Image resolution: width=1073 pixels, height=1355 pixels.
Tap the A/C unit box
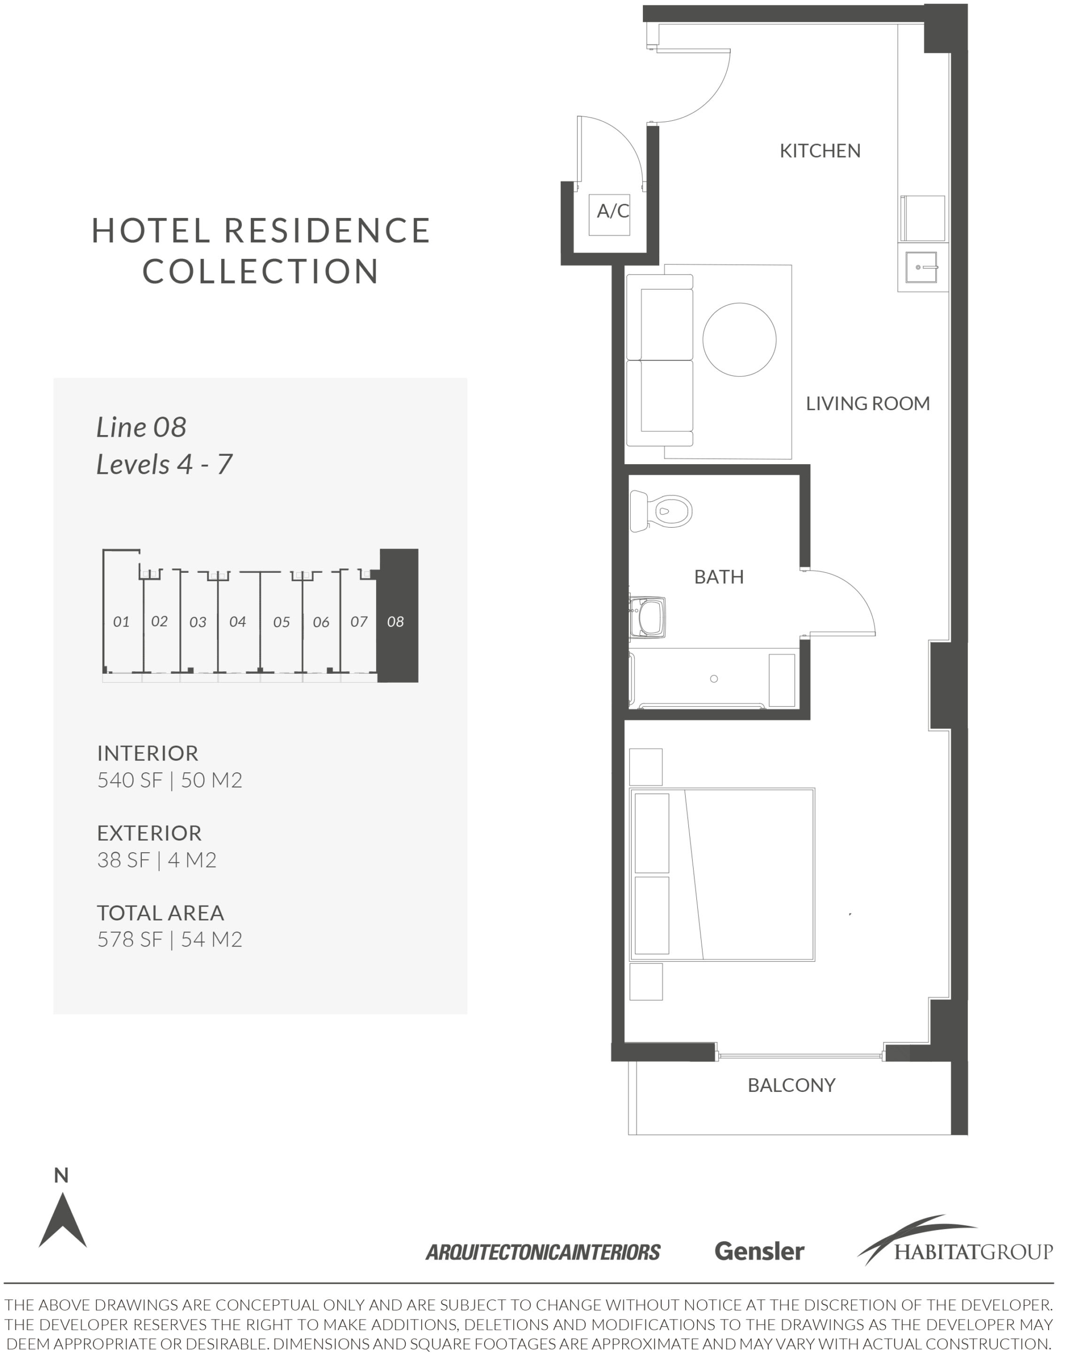pos(609,215)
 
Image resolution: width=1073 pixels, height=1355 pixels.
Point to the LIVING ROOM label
pos(868,403)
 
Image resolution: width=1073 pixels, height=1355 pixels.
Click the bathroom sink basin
pos(649,617)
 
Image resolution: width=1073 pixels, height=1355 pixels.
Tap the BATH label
pos(719,577)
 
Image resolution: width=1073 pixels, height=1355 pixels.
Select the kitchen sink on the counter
pos(921,267)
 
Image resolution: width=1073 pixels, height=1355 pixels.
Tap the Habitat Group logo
pos(955,1241)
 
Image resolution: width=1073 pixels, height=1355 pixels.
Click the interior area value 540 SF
pos(130,780)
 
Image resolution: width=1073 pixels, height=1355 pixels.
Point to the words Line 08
pos(141,427)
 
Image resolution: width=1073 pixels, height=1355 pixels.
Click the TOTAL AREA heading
pos(160,913)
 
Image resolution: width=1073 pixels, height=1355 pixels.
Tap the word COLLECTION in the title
pos(261,272)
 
